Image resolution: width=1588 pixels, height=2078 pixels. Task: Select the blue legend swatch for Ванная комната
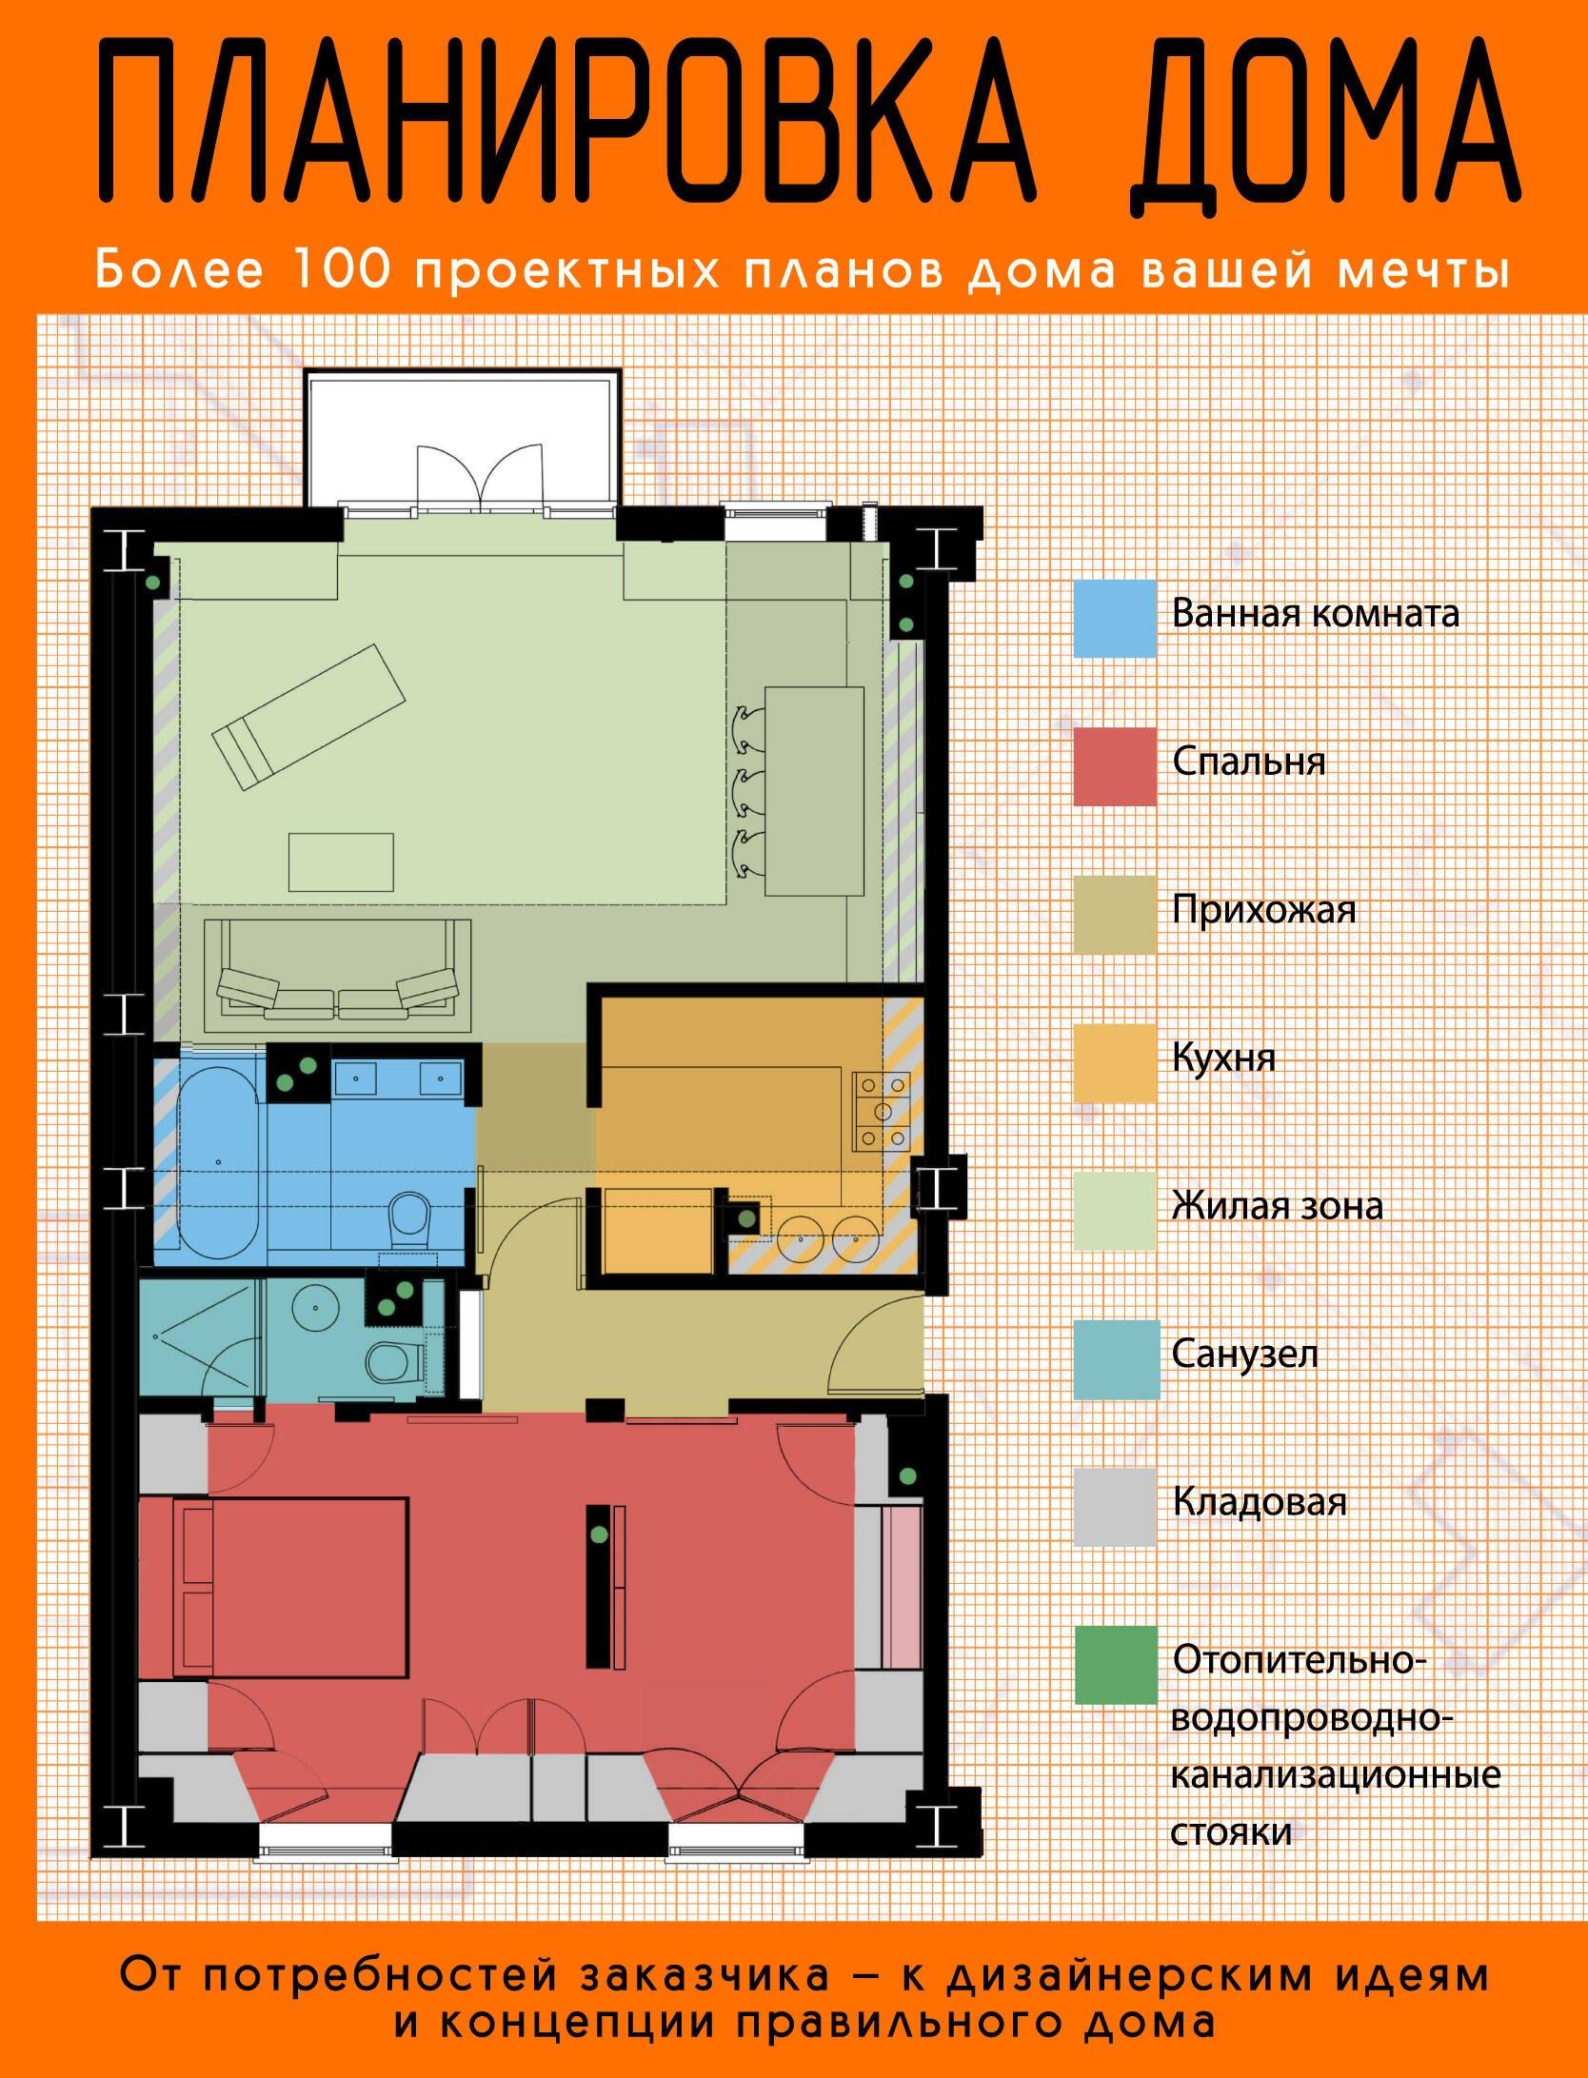1115,619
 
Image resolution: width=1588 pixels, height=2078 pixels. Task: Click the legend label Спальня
1248,762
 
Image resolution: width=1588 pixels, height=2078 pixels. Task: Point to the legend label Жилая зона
1277,1207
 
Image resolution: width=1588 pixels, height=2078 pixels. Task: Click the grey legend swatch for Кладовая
1115,1506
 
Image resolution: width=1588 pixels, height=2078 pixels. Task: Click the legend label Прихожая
1263,911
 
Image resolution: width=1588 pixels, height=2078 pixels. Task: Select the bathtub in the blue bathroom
222,1158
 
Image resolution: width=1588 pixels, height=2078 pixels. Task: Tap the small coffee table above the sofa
341,861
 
